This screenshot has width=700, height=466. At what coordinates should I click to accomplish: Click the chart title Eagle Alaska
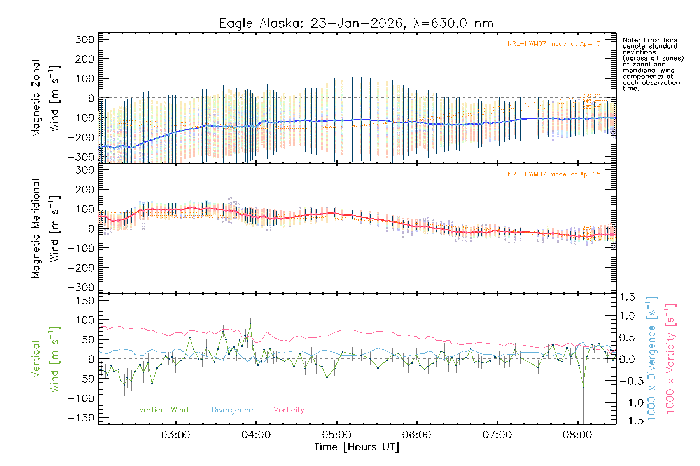(356, 23)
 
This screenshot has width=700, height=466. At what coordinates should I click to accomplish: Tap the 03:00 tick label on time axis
(176, 435)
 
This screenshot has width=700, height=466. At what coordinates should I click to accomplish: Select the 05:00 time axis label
(336, 435)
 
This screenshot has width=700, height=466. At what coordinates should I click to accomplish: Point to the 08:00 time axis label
(577, 435)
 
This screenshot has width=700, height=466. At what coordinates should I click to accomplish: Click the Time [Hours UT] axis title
(357, 447)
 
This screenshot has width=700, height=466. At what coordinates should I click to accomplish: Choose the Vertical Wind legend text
(163, 410)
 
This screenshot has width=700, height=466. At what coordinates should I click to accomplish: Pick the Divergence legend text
(232, 410)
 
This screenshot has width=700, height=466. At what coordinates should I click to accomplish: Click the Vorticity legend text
(289, 410)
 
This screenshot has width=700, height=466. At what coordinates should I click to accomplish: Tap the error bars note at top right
(653, 64)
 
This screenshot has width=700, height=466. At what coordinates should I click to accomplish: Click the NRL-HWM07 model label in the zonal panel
(554, 43)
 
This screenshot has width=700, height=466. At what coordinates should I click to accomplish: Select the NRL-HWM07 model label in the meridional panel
(554, 174)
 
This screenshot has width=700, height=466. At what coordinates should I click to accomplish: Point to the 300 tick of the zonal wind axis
(85, 39)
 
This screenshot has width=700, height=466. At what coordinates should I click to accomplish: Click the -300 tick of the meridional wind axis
(81, 287)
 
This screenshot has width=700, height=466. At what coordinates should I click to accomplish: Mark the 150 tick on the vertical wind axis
(85, 301)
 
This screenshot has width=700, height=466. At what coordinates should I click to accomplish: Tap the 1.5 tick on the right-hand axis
(627, 297)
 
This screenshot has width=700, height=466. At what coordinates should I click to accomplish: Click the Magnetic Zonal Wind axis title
(46, 98)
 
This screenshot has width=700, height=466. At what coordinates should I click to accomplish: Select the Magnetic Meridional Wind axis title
(46, 228)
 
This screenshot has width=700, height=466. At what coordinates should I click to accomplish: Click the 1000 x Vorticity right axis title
(670, 358)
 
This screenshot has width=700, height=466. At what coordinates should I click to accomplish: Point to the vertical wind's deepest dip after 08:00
(583, 386)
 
